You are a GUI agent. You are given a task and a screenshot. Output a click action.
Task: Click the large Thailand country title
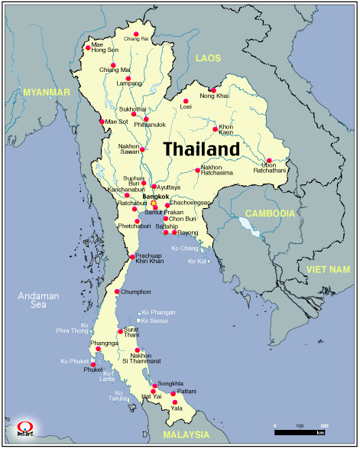tap(202, 148)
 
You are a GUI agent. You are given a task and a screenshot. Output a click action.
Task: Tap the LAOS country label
tap(208, 58)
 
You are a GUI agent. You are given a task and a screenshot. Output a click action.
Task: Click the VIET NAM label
tap(328, 270)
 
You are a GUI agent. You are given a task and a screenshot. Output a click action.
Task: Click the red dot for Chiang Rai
tap(136, 34)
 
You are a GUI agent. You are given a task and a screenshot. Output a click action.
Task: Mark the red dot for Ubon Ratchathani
tap(269, 161)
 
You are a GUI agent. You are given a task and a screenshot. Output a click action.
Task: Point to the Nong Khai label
tap(214, 96)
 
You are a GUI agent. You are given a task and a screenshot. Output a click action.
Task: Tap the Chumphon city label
tap(136, 291)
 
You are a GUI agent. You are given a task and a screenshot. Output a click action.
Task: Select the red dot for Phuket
tap(93, 363)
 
